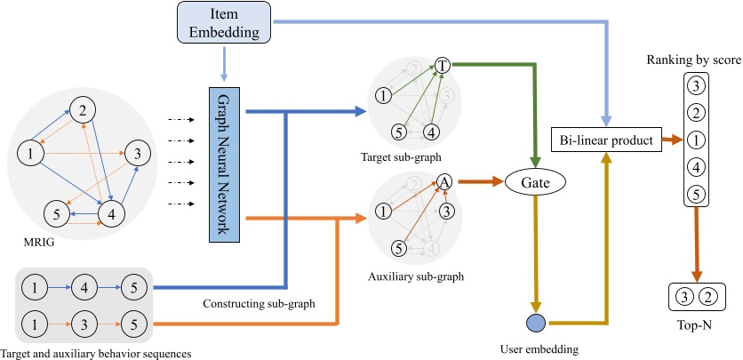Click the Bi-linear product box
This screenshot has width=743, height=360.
[x=607, y=140]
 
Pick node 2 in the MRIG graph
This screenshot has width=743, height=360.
[x=82, y=110]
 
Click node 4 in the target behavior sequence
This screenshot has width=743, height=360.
[x=83, y=286]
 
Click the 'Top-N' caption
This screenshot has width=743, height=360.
[x=697, y=325]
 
